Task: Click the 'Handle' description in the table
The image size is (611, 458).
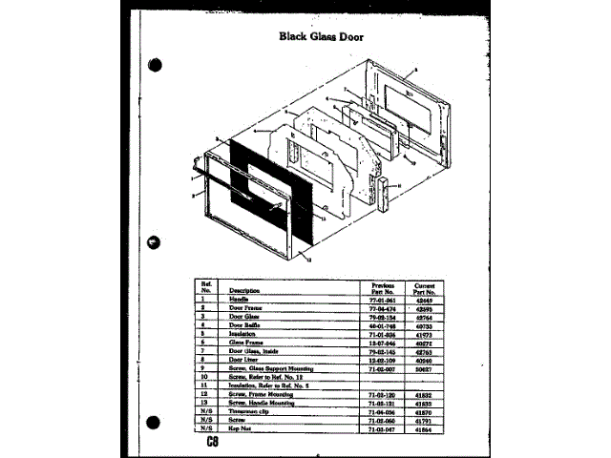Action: pyautogui.click(x=238, y=299)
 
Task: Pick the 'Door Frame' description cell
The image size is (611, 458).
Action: pyautogui.click(x=244, y=307)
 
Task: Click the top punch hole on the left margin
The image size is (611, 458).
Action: pyautogui.click(x=158, y=68)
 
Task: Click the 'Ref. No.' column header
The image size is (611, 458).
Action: pyautogui.click(x=204, y=286)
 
